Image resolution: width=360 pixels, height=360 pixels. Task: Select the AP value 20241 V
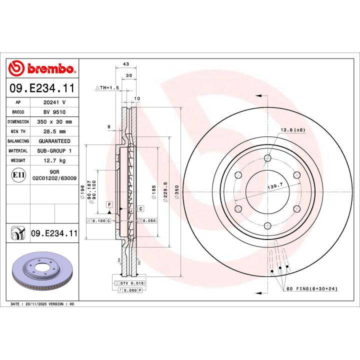54,101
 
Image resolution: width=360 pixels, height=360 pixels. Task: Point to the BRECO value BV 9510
54,111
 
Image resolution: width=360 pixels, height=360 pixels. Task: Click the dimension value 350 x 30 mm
54,121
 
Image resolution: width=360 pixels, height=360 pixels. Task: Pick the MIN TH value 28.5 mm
54,131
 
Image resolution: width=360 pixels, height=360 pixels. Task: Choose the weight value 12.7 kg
54,161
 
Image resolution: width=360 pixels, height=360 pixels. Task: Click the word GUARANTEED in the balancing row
54,141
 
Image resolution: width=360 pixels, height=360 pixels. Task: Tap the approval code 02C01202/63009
54,178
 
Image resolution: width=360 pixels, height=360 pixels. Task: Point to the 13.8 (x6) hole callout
292,130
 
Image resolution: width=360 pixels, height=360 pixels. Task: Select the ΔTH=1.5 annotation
107,87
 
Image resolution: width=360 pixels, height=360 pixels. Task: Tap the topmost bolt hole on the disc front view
267,158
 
